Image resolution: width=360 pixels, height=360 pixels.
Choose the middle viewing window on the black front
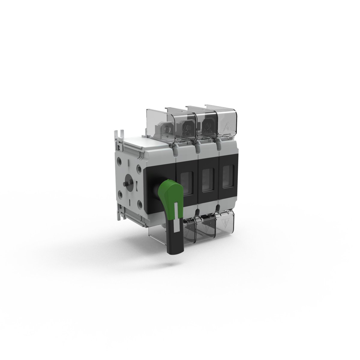(x=208, y=181)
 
